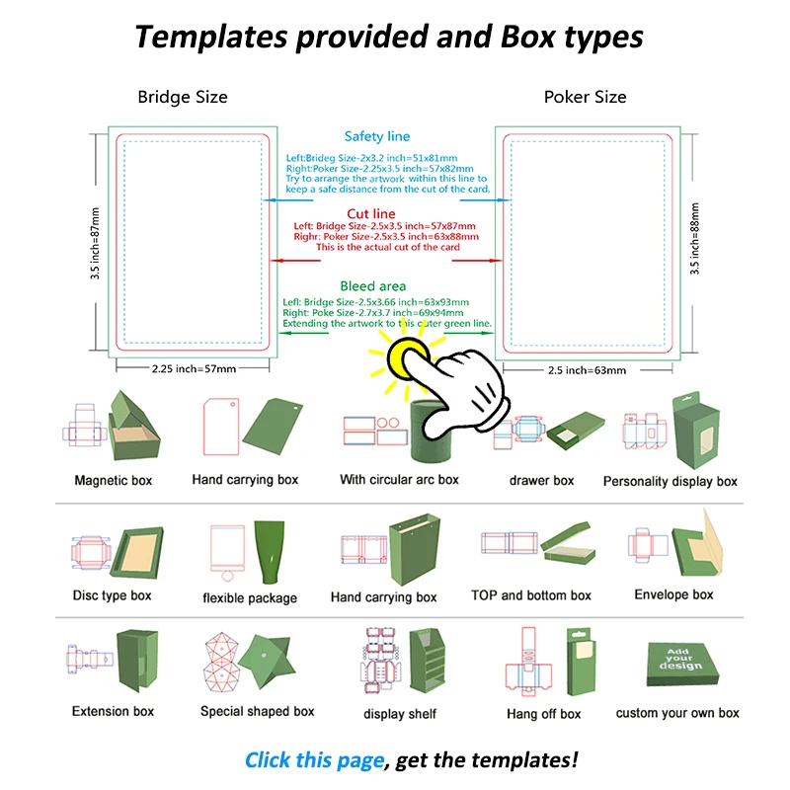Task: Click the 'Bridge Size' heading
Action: pos(183,97)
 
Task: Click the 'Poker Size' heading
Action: pos(585,97)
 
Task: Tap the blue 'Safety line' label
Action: pos(377,136)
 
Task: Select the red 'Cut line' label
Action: pos(371,214)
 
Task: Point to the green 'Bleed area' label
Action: pos(373,286)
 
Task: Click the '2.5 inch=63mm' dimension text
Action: pos(586,370)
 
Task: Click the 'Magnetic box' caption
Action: pos(114,481)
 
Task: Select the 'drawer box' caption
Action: pos(541,481)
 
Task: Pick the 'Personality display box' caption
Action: pos(671,482)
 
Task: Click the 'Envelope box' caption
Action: pos(673,595)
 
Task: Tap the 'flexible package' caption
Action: pos(250,597)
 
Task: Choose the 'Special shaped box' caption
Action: pos(257,711)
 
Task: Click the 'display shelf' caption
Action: pos(400,714)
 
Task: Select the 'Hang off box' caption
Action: pos(543,714)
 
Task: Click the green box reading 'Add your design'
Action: pos(679,660)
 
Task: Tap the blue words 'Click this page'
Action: pos(314,759)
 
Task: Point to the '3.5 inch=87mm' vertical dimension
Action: pos(96,243)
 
